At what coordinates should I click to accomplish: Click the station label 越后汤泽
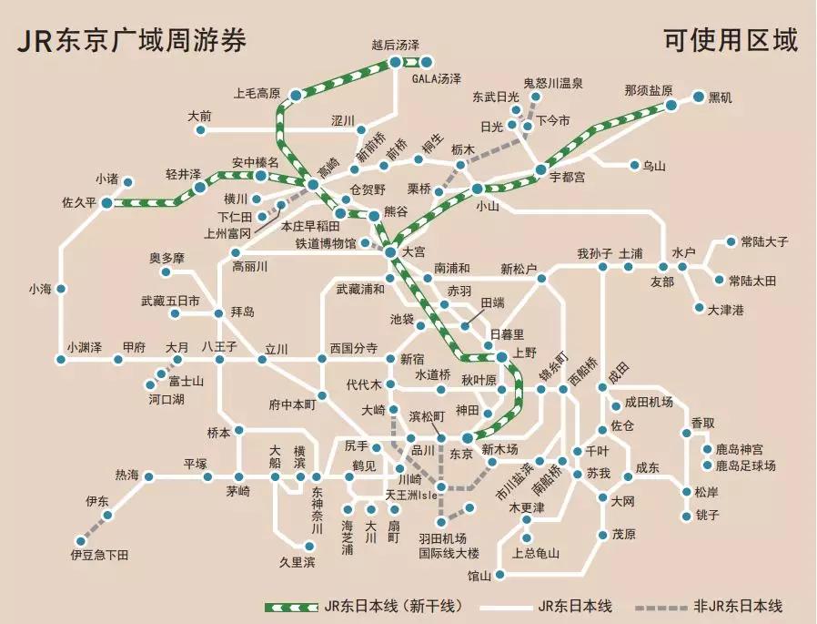tap(396, 44)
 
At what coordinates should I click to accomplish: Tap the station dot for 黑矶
tap(699, 97)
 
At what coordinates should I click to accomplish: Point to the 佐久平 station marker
tap(106, 202)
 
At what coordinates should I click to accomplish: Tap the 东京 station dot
tap(467, 437)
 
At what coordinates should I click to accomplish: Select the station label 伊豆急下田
tap(99, 554)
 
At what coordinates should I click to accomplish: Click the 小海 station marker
tap(61, 290)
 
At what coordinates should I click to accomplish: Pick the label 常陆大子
tap(764, 242)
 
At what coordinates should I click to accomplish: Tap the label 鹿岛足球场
tap(745, 465)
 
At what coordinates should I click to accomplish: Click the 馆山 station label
tap(479, 576)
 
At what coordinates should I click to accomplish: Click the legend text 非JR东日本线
tap(737, 606)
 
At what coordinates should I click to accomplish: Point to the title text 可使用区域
tap(731, 41)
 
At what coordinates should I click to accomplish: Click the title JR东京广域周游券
tap(131, 41)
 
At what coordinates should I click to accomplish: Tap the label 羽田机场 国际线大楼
tap(449, 545)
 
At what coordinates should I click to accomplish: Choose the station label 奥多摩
tap(167, 258)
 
